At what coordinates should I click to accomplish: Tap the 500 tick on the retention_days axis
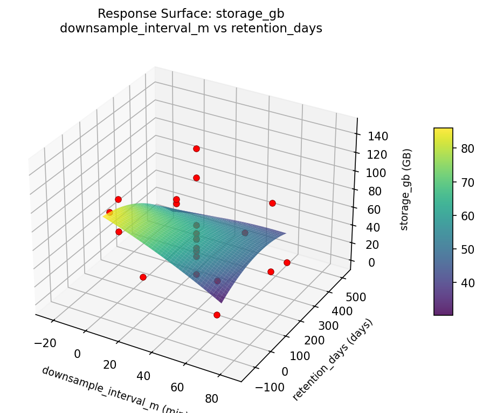(356, 296)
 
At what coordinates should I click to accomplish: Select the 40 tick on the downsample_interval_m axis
(143, 376)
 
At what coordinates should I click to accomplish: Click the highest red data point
(196, 148)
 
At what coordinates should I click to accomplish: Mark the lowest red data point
(217, 315)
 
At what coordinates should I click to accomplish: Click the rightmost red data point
(287, 262)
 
